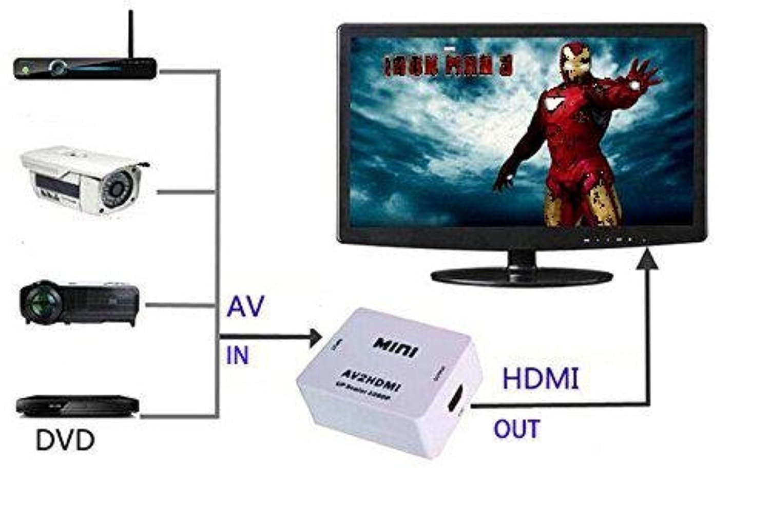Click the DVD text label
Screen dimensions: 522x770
65,440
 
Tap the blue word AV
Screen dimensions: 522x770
245,306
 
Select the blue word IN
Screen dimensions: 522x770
237,355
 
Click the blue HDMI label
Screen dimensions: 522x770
540,379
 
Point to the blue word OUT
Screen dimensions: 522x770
516,429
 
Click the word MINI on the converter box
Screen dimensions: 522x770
396,347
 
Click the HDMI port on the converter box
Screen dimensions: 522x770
455,398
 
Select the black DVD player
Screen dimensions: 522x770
77,405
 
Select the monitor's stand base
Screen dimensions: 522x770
521,276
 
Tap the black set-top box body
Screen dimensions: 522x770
85,68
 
